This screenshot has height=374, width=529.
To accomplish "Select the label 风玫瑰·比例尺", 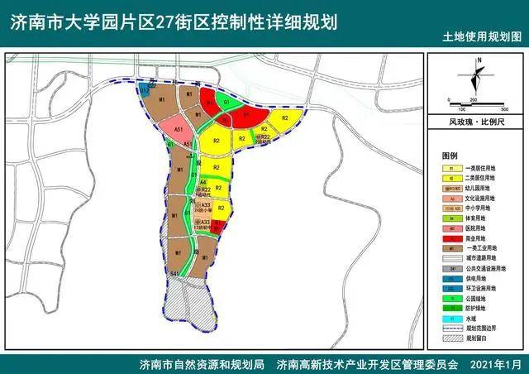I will coord(476,121).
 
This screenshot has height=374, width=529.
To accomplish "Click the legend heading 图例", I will coord(450,156).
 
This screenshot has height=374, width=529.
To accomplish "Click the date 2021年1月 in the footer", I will coord(497,364).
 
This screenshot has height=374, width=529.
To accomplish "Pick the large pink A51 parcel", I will coord(178,132).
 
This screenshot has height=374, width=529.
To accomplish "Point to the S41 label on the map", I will coord(174,272).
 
